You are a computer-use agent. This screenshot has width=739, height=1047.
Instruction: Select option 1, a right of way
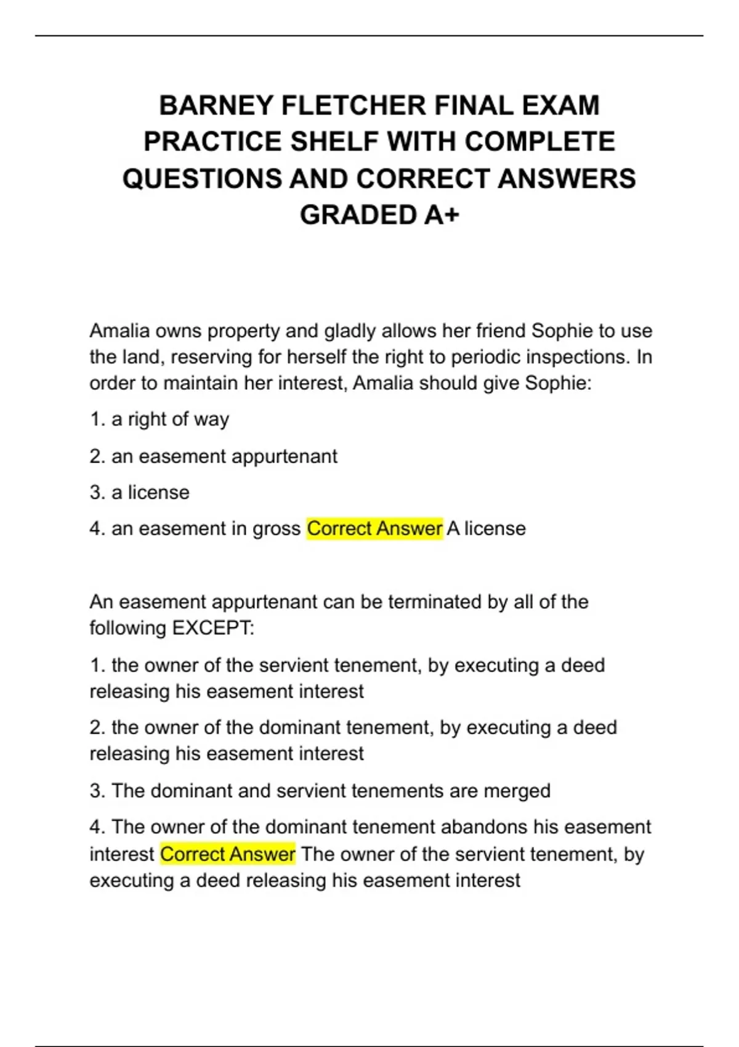(160, 419)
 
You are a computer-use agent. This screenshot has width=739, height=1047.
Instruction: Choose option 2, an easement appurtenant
(214, 456)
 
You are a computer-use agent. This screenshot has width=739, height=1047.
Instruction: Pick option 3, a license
(140, 493)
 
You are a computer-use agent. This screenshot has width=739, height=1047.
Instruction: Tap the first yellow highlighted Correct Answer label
(374, 528)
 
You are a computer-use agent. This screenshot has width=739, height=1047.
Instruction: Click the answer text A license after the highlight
(487, 528)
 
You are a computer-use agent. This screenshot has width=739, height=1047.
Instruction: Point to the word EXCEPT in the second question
(212, 628)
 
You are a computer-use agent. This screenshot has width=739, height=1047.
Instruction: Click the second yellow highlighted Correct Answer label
(228, 854)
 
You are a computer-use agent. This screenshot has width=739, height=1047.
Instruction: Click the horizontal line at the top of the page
(369, 36)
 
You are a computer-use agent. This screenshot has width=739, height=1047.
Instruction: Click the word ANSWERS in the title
(567, 179)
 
